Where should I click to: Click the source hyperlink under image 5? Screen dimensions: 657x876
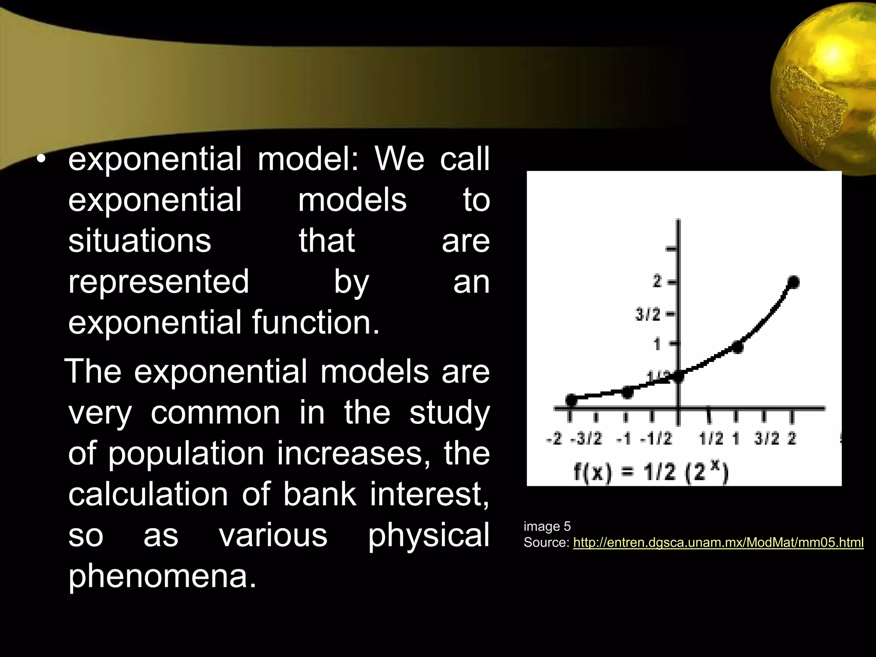click(718, 543)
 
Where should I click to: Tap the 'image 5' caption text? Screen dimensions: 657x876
click(547, 526)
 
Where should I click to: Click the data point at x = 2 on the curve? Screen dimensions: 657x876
click(793, 282)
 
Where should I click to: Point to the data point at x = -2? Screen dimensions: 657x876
click(571, 400)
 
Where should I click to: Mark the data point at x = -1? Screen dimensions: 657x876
click(627, 392)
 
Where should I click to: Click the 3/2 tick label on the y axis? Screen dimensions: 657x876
click(648, 315)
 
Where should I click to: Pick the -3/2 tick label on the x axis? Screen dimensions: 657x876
click(586, 439)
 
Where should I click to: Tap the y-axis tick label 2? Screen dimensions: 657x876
click(657, 282)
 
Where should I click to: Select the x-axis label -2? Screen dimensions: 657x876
click(554, 439)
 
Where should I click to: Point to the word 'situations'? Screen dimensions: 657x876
click(140, 241)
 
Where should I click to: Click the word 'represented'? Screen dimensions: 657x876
click(158, 282)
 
